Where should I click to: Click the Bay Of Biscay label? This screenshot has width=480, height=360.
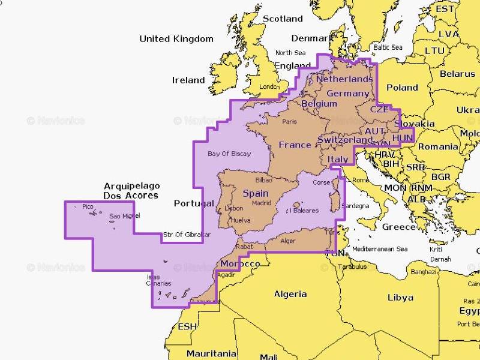[229, 154]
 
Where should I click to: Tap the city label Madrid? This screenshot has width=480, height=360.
[262, 203]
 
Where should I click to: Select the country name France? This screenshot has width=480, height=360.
[295, 145]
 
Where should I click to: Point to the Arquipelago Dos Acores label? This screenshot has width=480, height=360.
[131, 191]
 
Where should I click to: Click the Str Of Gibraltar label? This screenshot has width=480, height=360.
[187, 235]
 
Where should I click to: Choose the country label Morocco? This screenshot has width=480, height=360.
[240, 264]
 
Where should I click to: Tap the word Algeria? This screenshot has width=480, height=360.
[290, 294]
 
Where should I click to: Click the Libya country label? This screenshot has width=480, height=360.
[400, 297]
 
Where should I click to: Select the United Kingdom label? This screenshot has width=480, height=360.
[176, 39]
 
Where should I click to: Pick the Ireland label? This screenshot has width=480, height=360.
[188, 80]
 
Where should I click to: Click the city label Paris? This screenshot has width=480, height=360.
[290, 122]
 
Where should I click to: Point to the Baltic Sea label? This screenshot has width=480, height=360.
[388, 47]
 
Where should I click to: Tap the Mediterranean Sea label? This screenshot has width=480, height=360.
[380, 249]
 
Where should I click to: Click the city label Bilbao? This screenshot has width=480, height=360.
[263, 179]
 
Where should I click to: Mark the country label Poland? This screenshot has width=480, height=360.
[402, 88]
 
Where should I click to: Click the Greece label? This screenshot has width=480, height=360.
[399, 227]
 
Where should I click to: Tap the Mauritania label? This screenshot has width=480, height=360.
[211, 353]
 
